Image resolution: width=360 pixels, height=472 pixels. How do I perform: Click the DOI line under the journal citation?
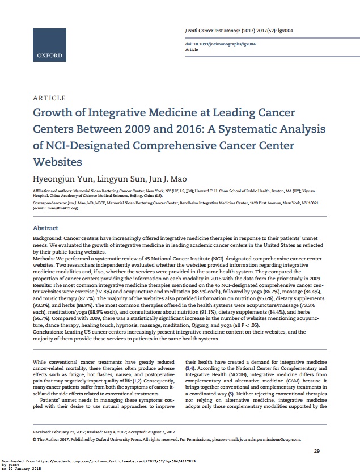(221, 44)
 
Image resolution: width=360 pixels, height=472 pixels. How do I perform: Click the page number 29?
(317, 450)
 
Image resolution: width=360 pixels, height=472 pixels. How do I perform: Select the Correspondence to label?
(50, 202)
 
